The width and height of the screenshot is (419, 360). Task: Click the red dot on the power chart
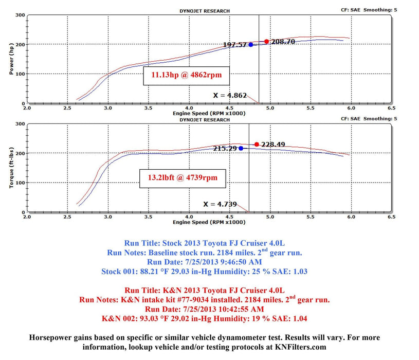click(266, 42)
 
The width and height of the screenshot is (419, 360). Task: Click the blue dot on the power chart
click(251, 45)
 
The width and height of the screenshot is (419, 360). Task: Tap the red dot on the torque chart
click(257, 145)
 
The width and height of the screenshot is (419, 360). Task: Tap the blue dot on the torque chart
click(241, 148)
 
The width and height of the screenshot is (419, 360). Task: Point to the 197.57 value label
click(235, 45)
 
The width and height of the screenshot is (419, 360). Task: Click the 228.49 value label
click(273, 145)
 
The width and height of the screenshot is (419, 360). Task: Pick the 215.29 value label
click(225, 148)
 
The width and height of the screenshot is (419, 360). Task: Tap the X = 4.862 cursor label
click(230, 95)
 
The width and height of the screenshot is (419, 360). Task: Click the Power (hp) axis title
click(11, 59)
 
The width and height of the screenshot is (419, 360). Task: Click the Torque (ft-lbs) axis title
click(11, 168)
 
